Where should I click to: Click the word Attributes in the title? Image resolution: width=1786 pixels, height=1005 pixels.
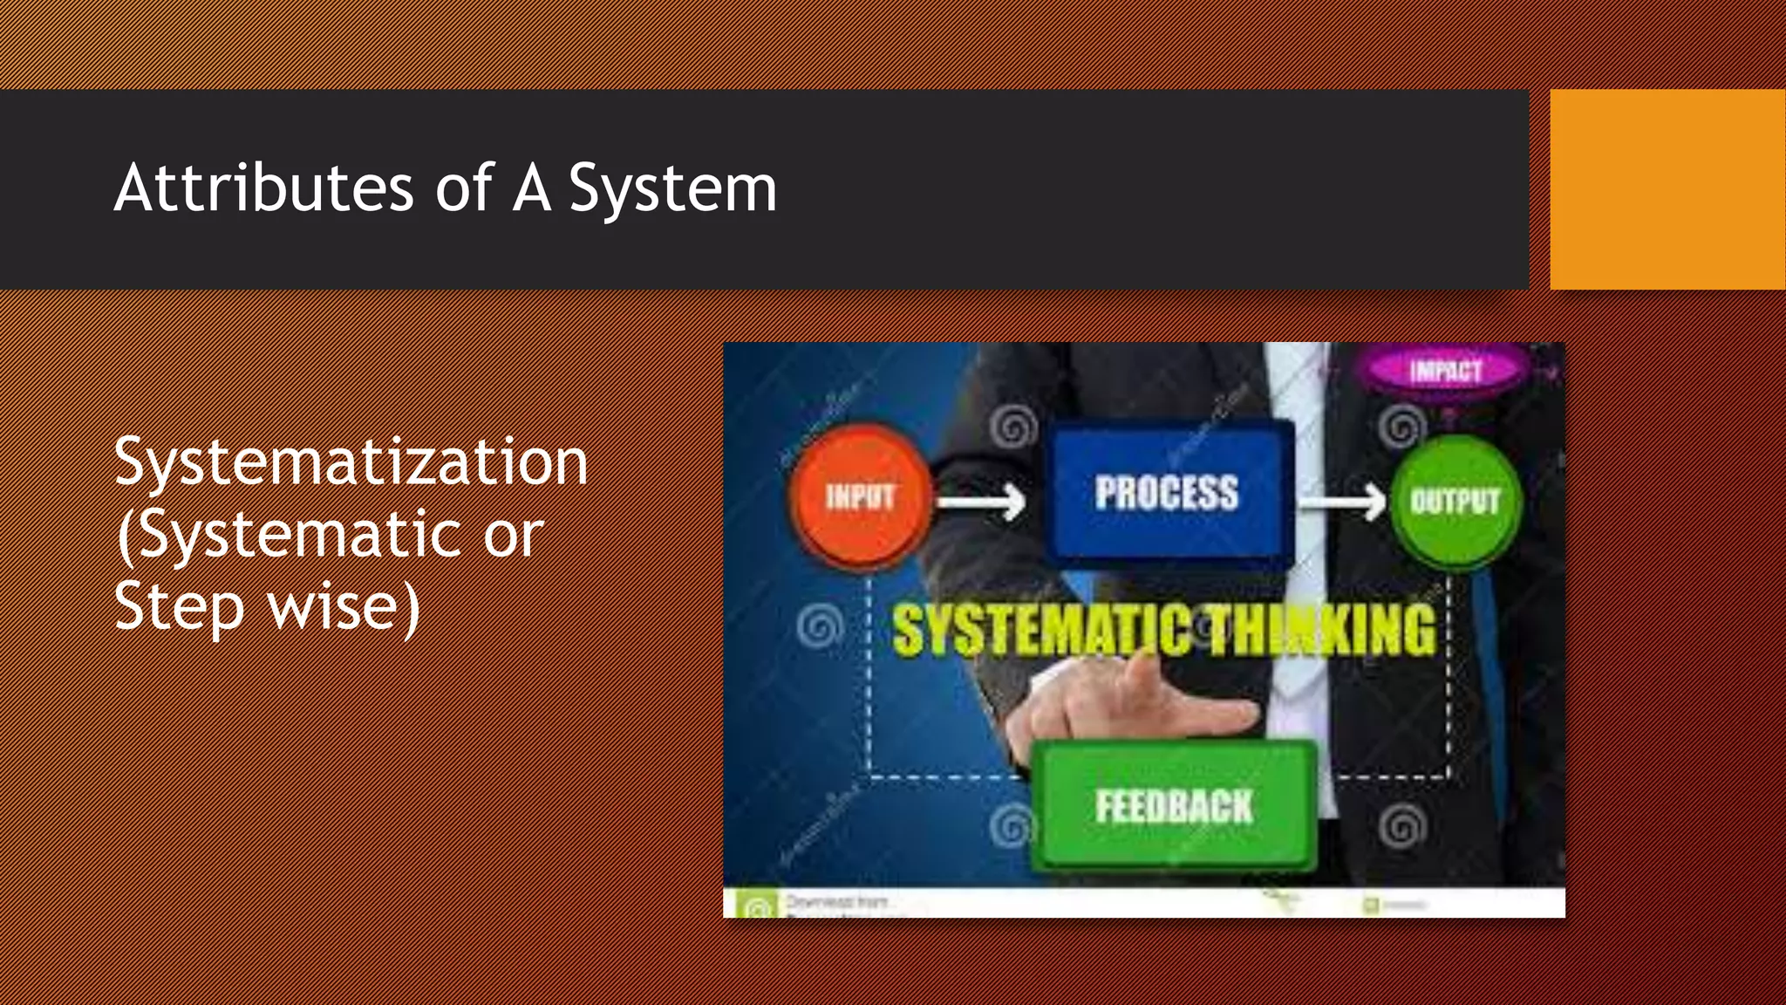[263, 188]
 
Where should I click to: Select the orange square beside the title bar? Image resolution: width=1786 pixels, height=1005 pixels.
[1667, 189]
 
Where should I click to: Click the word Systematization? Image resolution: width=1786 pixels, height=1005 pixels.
[351, 462]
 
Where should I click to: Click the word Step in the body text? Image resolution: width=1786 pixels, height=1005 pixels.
[179, 607]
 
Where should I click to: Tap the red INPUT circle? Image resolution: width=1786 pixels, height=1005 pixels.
[860, 497]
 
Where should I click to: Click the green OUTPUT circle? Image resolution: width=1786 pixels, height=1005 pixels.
[1455, 501]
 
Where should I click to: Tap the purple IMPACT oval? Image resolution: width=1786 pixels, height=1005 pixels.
[1445, 371]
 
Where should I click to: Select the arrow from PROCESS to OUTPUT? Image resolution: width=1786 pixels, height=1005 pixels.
[1341, 502]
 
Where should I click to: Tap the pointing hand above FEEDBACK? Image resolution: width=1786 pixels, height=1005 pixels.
[1134, 707]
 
